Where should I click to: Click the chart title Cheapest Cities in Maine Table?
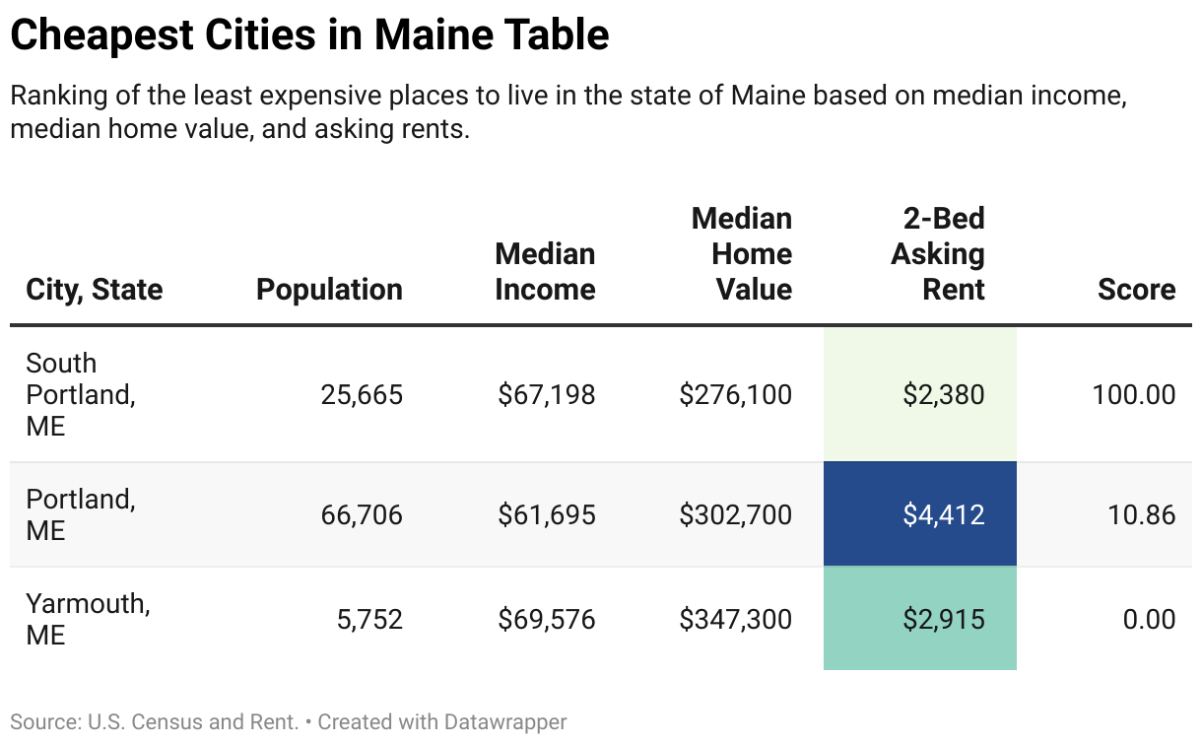[309, 35]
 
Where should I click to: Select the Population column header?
[329, 290]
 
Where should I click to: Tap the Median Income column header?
[545, 272]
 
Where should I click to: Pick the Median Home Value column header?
[741, 254]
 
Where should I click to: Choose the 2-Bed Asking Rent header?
[938, 254]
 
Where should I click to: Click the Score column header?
[1136, 290]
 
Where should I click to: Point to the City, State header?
[95, 290]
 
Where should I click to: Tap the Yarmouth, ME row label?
[88, 619]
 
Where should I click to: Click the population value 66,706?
[362, 514]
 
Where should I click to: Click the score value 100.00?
[1133, 395]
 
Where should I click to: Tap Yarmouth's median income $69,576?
[546, 619]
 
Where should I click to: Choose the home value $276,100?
[735, 395]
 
